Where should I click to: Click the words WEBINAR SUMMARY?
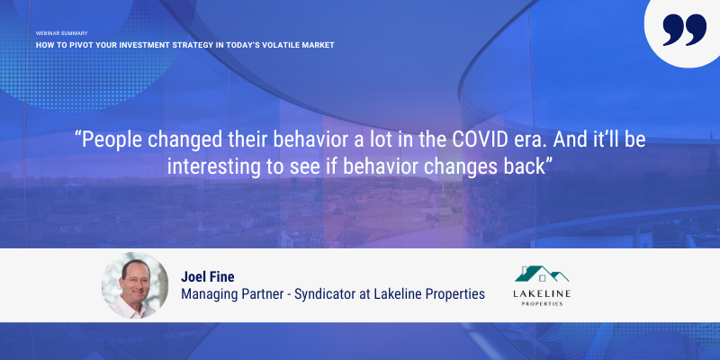(x=61, y=33)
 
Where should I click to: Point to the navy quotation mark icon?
(x=684, y=30)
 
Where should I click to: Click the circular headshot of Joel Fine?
(x=135, y=285)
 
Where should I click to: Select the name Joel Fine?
(x=208, y=277)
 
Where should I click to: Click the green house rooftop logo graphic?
(x=542, y=274)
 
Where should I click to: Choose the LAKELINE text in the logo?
(x=542, y=293)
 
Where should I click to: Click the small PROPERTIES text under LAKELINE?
(x=543, y=303)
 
